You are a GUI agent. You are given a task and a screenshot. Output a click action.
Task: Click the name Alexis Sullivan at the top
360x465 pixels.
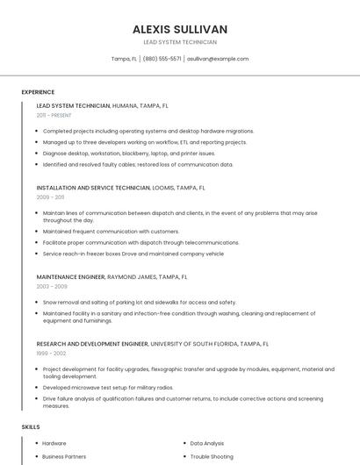pos(180,29)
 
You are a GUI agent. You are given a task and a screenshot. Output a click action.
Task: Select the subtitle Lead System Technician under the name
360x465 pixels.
pos(180,42)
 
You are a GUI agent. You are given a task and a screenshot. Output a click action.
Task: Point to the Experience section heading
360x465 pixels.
pos(38,92)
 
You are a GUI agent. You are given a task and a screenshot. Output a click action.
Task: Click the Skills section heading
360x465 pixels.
pos(31,427)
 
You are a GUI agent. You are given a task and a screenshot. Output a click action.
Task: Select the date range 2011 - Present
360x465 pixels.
pos(54,115)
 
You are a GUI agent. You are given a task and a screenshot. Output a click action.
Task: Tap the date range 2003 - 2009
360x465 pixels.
pos(52,286)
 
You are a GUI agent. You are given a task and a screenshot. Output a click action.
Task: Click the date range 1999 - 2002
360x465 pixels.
pos(51,354)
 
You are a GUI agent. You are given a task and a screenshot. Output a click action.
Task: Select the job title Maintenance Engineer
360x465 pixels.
pos(70,276)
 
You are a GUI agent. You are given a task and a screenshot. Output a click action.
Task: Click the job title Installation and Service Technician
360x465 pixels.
pos(94,188)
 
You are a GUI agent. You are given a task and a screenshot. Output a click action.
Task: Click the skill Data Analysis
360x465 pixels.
pos(207,444)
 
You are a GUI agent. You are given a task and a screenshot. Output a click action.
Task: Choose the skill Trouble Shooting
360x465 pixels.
pos(212,457)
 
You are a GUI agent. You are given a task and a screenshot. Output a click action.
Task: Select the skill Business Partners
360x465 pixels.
pos(64,457)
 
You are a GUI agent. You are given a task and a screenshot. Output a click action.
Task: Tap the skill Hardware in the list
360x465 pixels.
pos(54,444)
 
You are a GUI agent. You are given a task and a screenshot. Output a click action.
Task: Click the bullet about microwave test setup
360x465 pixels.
pos(108,387)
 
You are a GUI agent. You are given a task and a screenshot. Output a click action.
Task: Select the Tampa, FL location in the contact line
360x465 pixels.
pos(124,59)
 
